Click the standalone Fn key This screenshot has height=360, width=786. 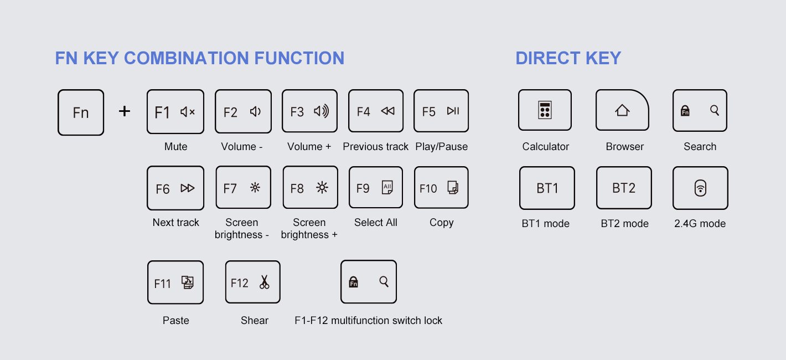click(x=81, y=112)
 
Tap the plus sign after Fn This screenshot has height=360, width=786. click(x=125, y=111)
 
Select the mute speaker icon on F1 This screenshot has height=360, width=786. click(x=188, y=112)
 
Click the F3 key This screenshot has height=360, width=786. click(x=309, y=111)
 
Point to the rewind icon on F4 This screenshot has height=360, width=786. click(x=387, y=111)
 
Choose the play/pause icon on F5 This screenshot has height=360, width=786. click(x=453, y=111)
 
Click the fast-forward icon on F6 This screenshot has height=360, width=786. click(x=188, y=188)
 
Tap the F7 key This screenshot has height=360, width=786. click(x=243, y=188)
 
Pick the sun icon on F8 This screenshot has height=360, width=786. click(x=322, y=188)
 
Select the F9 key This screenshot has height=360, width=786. click(x=376, y=188)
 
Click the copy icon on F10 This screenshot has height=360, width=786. click(x=453, y=188)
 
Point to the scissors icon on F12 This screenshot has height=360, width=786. click(x=264, y=282)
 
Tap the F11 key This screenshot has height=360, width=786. click(x=175, y=282)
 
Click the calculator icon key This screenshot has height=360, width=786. click(x=545, y=111)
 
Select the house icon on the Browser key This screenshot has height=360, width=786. click(x=622, y=111)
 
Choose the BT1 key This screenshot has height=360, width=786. click(x=547, y=188)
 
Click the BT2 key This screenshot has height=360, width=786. click(x=623, y=188)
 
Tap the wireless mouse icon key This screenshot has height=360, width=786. click(x=700, y=188)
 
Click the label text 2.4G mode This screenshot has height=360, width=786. click(x=700, y=224)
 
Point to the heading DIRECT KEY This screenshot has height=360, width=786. click(x=568, y=58)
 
